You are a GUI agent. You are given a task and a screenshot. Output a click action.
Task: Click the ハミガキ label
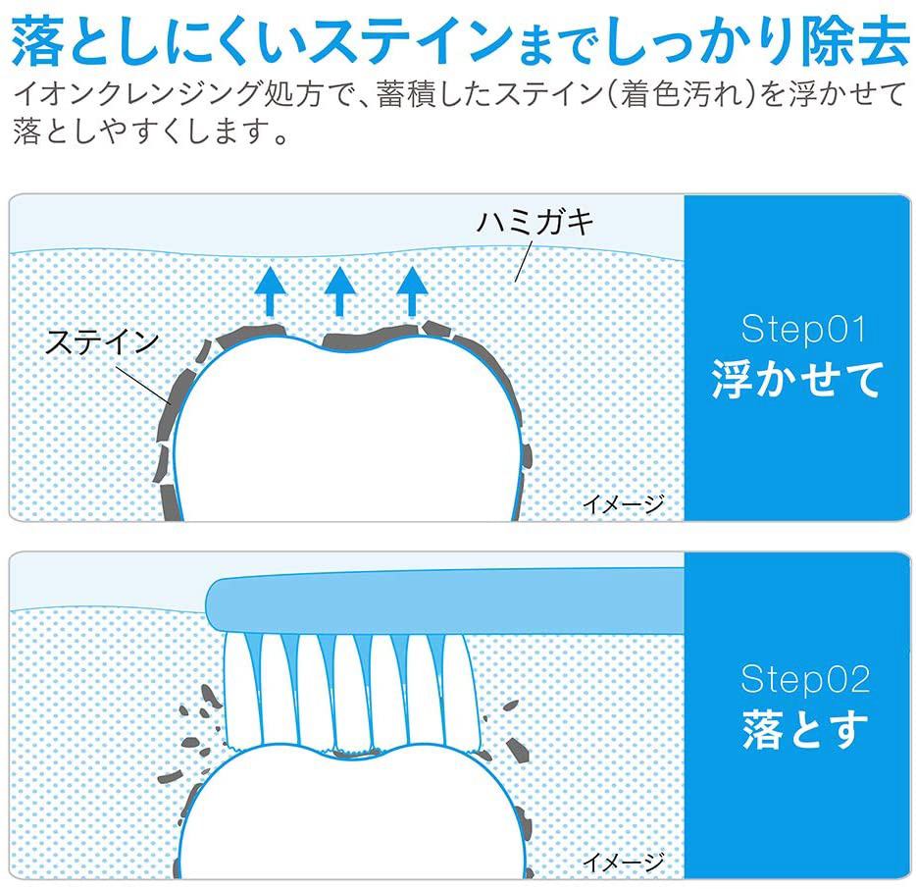click(535, 222)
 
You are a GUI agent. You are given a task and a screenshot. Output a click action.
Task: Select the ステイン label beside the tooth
click(102, 341)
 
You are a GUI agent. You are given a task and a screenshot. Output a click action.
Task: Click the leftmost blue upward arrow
click(270, 291)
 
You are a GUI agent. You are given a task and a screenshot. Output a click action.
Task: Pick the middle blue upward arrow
click(340, 291)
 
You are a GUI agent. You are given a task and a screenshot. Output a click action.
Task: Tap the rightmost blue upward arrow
click(413, 291)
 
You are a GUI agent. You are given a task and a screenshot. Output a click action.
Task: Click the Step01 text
click(803, 329)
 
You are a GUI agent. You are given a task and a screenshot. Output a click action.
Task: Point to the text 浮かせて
click(796, 380)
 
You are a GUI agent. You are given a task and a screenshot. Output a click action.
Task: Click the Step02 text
click(805, 679)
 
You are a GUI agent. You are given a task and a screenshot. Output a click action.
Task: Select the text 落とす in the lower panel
click(805, 728)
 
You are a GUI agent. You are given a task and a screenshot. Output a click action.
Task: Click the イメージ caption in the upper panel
click(624, 503)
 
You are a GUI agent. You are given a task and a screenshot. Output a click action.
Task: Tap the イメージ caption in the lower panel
click(624, 862)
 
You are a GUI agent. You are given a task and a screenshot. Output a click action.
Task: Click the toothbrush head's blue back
click(445, 602)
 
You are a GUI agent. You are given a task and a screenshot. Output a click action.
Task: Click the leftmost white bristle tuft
click(240, 691)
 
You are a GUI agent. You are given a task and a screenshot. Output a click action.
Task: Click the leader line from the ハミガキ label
click(523, 262)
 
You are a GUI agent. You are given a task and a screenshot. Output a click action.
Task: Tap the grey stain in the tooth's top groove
click(371, 340)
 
